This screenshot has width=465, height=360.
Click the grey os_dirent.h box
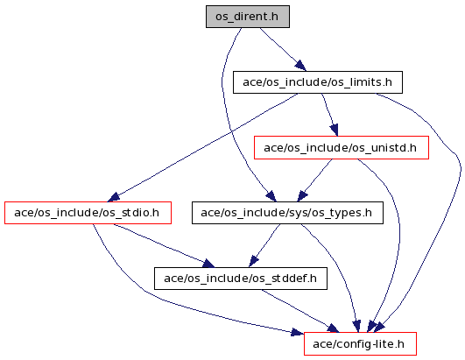click(248, 17)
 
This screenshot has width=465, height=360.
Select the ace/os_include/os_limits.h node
click(318, 82)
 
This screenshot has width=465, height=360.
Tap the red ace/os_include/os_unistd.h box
click(342, 148)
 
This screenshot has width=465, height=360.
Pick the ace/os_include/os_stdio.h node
click(88, 213)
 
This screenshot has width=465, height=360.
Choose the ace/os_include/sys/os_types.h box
click(287, 213)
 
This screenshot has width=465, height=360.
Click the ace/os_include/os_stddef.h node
click(241, 279)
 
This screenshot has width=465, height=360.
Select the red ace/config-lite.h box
click(360, 344)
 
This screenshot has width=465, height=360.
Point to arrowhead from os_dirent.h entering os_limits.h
click(300, 65)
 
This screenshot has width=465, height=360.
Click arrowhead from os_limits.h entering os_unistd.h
click(335, 130)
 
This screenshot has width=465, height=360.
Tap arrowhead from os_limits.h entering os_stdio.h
click(113, 197)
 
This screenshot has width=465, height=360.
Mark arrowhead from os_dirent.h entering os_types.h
click(271, 196)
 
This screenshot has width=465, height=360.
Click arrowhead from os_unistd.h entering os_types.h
click(302, 196)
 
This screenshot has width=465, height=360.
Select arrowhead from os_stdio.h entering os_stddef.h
click(208, 263)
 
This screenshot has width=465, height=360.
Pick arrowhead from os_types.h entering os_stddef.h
click(253, 261)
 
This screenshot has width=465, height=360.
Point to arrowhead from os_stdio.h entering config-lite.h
click(298, 332)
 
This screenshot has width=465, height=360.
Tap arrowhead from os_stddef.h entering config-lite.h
click(334, 328)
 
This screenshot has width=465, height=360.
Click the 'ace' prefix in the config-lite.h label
click(321, 344)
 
